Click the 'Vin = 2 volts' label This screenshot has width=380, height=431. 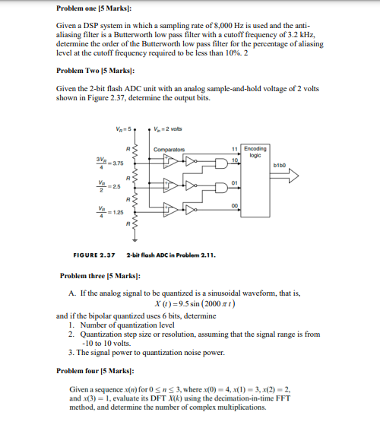coord(170,128)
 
